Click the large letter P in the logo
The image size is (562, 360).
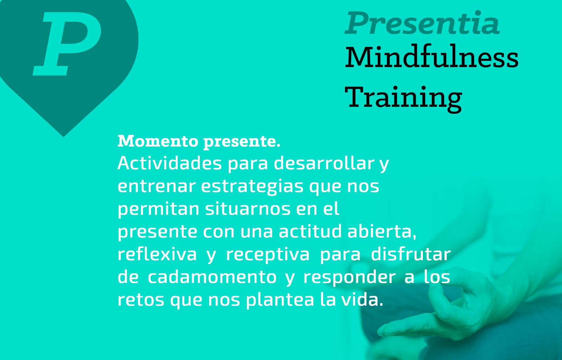tap(67, 44)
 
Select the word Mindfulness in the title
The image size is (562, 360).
tap(432, 57)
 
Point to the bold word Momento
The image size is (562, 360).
tap(158, 141)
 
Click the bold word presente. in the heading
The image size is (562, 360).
tap(242, 142)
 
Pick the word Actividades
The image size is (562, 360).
tap(170, 163)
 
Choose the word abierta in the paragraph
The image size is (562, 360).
tap(381, 231)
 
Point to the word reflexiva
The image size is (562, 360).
tap(157, 254)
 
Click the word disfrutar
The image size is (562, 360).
tap(411, 254)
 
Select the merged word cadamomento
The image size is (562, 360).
tap(212, 277)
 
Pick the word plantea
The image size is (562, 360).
tap(280, 300)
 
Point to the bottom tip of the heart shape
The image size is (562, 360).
tap(64, 137)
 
